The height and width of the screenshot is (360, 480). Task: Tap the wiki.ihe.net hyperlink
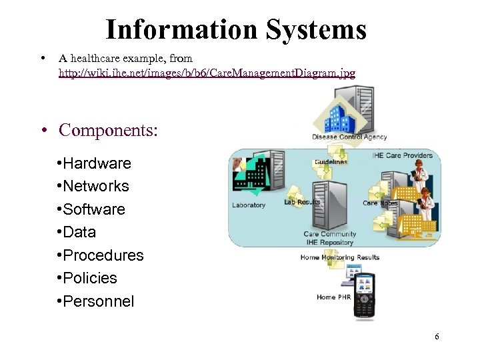pyautogui.click(x=207, y=72)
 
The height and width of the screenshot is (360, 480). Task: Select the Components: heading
pyautogui.click(x=109, y=129)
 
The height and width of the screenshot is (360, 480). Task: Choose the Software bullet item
pyautogui.click(x=94, y=209)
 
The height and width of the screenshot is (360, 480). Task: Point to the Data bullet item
pyautogui.click(x=79, y=232)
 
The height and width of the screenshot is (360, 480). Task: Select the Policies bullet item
pyautogui.click(x=90, y=278)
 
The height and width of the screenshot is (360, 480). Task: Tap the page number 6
pyautogui.click(x=437, y=336)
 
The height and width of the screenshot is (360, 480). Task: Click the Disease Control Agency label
pyautogui.click(x=349, y=137)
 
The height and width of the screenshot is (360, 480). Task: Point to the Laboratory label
pyautogui.click(x=249, y=205)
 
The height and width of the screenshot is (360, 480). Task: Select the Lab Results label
pyautogui.click(x=302, y=202)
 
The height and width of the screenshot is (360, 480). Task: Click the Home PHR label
pyautogui.click(x=335, y=297)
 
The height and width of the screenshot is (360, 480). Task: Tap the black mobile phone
pyautogui.click(x=364, y=296)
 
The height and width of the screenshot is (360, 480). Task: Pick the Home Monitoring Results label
pyautogui.click(x=340, y=257)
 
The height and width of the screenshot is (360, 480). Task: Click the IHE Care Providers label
pyautogui.click(x=402, y=155)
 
